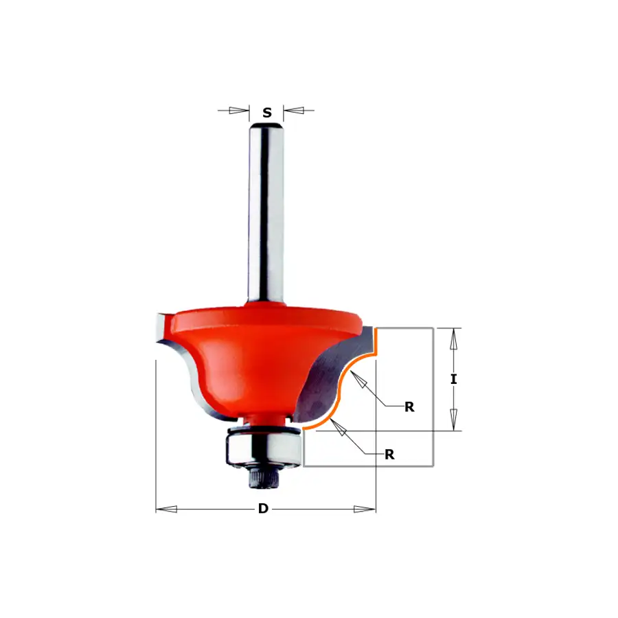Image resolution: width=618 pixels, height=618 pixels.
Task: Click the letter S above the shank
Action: [267, 113]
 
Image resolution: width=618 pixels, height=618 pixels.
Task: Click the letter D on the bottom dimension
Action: [263, 508]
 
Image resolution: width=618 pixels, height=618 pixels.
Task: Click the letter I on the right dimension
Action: [454, 379]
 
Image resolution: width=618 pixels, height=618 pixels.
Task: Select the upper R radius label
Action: [409, 407]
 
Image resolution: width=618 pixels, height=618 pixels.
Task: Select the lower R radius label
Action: [389, 455]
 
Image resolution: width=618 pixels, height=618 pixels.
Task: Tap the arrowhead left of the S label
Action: [239, 111]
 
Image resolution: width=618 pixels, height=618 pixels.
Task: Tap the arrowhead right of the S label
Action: [294, 111]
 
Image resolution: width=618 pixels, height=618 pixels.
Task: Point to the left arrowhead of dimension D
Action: [166, 510]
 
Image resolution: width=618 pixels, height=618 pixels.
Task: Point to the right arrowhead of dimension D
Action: [365, 510]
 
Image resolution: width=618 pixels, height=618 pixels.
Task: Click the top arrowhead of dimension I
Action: [454, 339]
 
